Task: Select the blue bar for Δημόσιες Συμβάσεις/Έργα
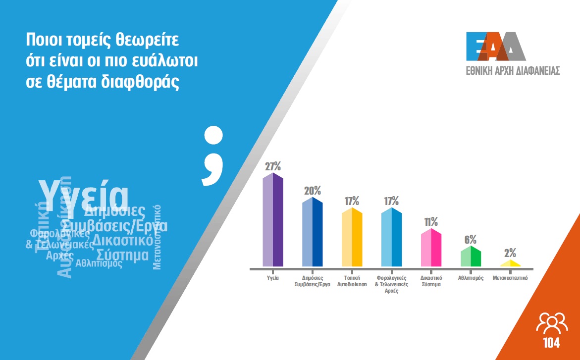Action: [x=312, y=233]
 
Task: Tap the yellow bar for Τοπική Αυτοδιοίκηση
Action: [x=352, y=238]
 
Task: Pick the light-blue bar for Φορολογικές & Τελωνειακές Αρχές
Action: [x=391, y=238]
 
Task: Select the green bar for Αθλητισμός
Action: [x=471, y=257]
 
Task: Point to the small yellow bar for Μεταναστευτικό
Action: [x=510, y=263]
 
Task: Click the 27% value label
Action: [x=272, y=166]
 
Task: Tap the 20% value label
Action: [x=312, y=191]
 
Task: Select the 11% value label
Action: [x=431, y=221]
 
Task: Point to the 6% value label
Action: [x=471, y=239]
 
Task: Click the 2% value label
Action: [x=510, y=253]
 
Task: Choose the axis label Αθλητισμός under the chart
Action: [x=471, y=278]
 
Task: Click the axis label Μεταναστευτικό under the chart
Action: [x=510, y=278]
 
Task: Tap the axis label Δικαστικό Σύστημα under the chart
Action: [x=431, y=281]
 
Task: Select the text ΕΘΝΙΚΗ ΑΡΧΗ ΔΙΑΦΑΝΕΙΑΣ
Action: [x=513, y=70]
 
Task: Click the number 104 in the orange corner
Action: [x=551, y=343]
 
